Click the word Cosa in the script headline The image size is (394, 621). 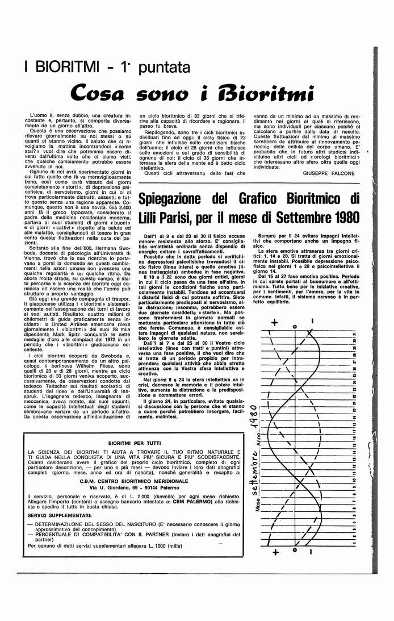click(x=101, y=91)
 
